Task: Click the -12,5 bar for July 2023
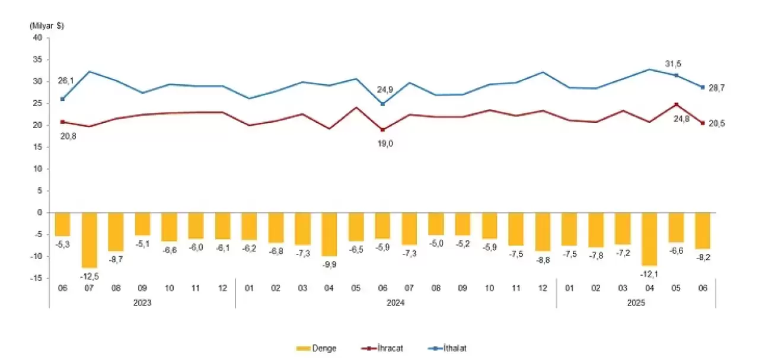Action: click(90, 240)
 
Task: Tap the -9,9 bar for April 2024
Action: click(329, 234)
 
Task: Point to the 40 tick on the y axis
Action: click(37, 38)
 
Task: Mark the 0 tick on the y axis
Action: click(39, 212)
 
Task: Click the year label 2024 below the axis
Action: click(396, 302)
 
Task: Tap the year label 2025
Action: click(636, 302)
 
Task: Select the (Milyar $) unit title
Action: click(46, 26)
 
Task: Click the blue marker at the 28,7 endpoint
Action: click(703, 87)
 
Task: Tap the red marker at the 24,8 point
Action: click(676, 104)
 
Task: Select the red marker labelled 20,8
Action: click(63, 122)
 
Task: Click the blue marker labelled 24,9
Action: click(382, 104)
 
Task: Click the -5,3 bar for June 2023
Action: click(63, 224)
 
